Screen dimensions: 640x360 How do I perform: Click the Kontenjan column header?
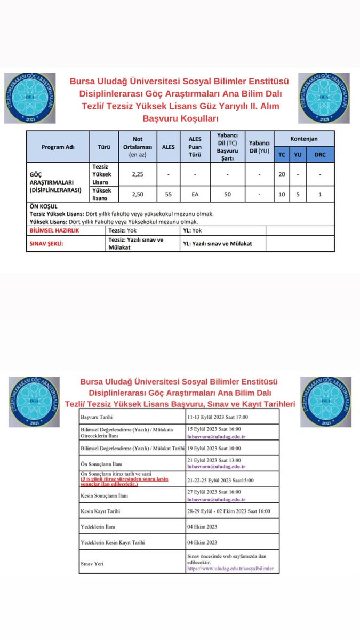coord(304,139)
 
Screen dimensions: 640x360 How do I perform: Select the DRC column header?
coord(320,155)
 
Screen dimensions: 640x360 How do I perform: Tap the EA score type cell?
coord(195,195)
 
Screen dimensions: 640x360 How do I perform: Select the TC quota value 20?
coord(282,174)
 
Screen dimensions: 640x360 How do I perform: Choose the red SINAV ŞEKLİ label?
coord(45,243)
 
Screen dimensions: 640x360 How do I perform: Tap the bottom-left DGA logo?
coord(34,401)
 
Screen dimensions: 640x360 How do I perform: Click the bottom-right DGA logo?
coord(325,401)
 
